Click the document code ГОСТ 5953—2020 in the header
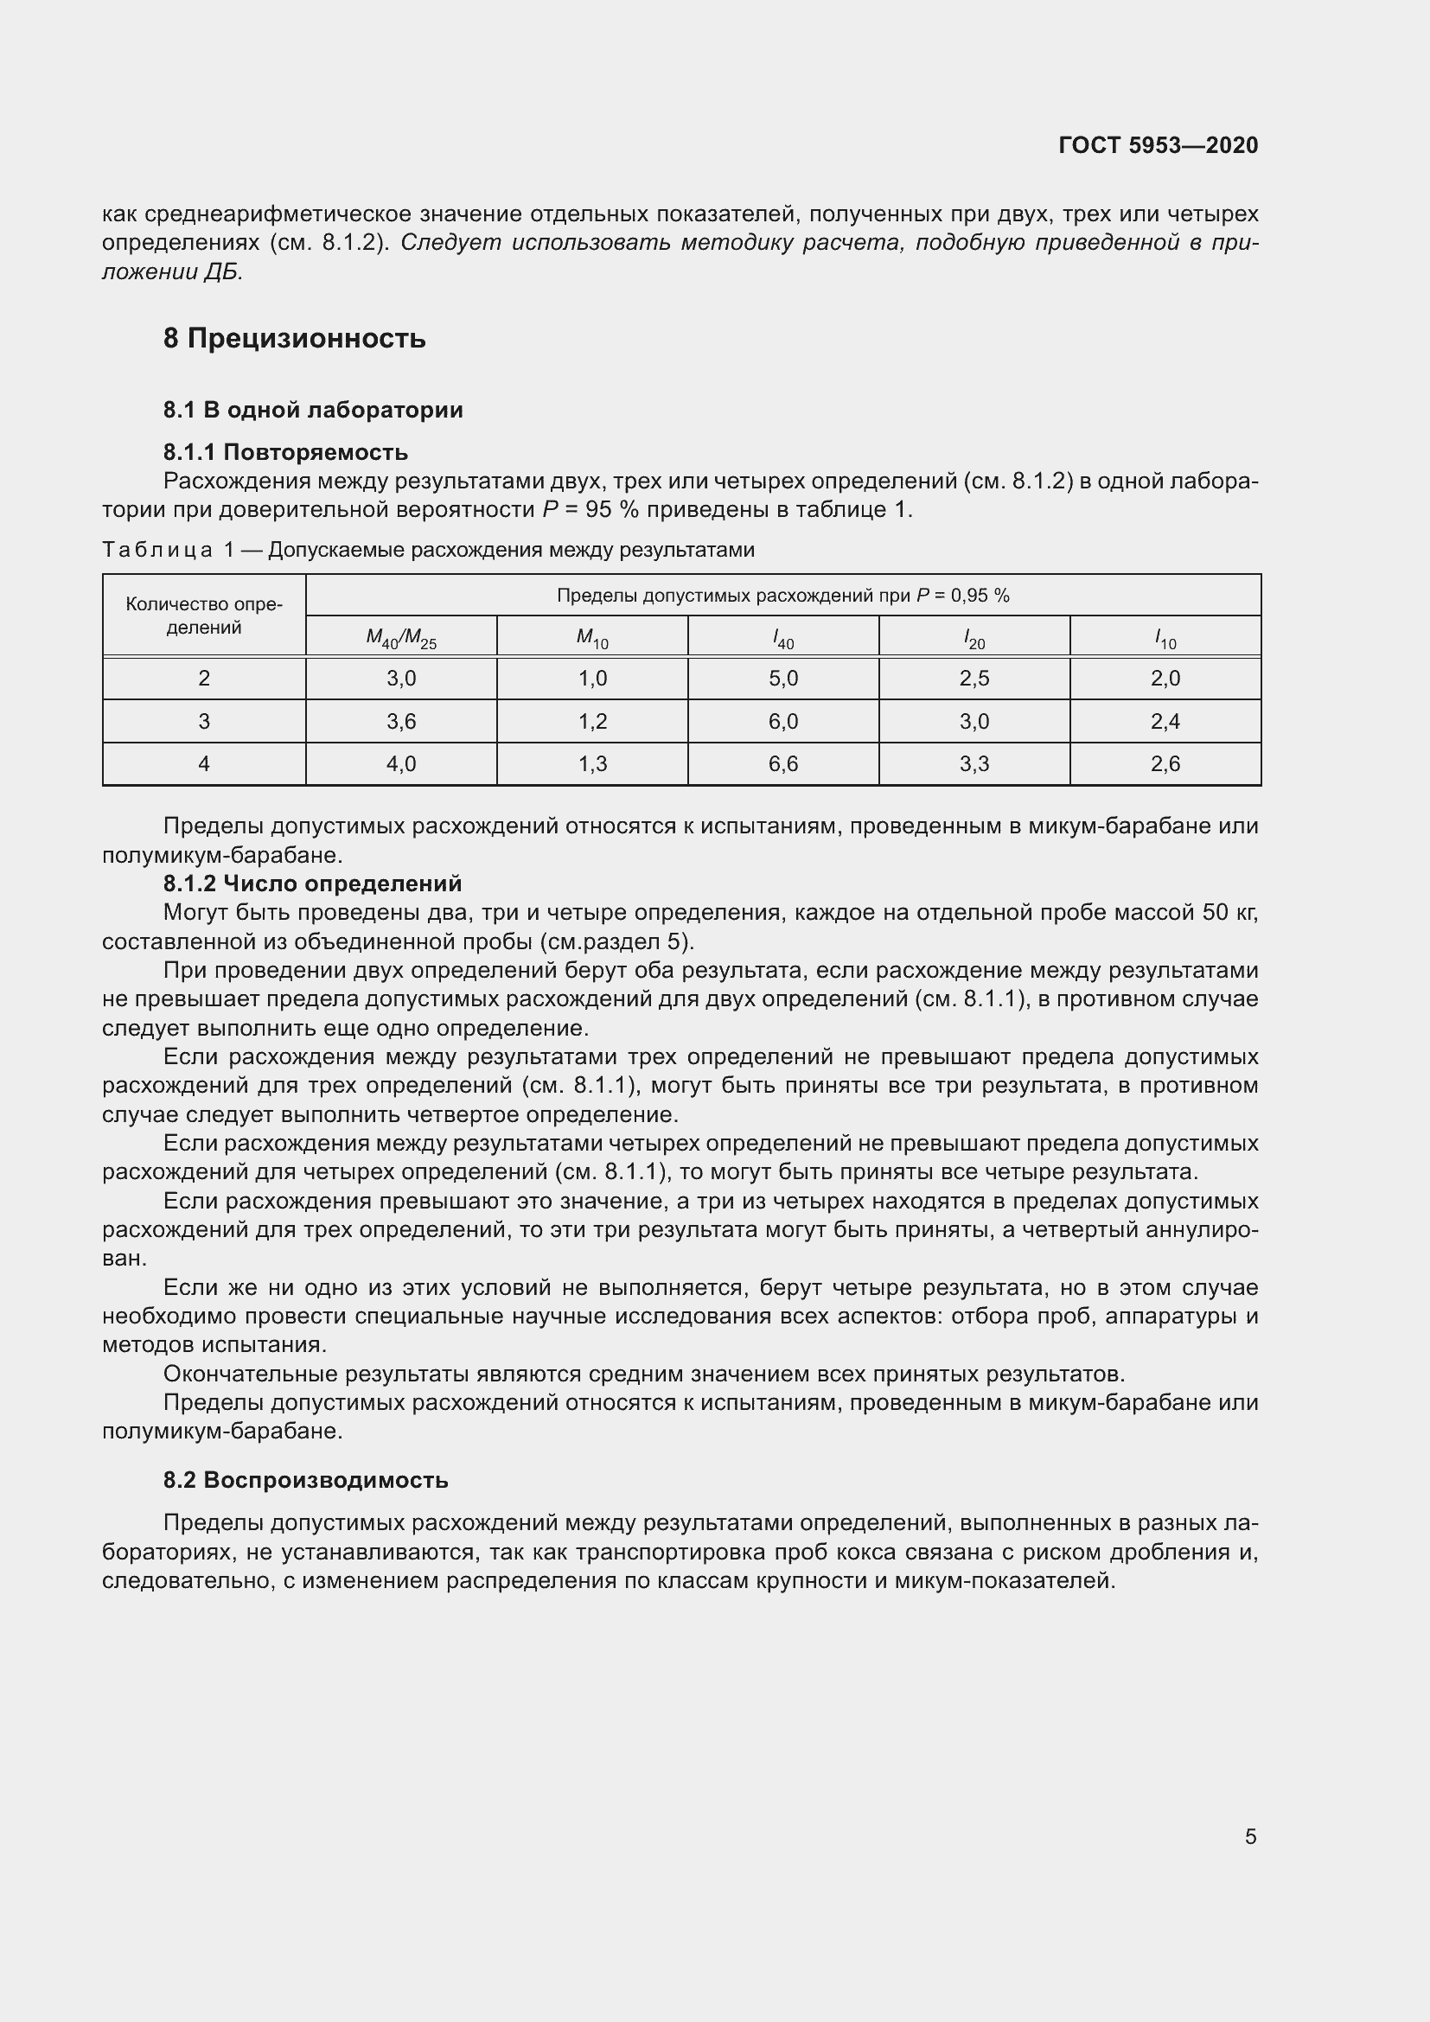(1158, 145)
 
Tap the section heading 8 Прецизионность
(294, 338)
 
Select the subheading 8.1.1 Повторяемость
(285, 452)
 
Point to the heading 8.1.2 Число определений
(312, 883)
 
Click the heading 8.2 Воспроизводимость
(305, 1479)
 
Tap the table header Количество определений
(203, 616)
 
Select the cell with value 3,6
(400, 721)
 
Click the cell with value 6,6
(782, 763)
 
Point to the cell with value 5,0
(782, 678)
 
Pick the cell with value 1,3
(591, 763)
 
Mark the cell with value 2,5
(974, 678)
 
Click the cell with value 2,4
(1165, 721)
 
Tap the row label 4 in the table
(203, 763)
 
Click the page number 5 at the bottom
(1250, 1836)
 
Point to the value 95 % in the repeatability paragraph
(610, 510)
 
